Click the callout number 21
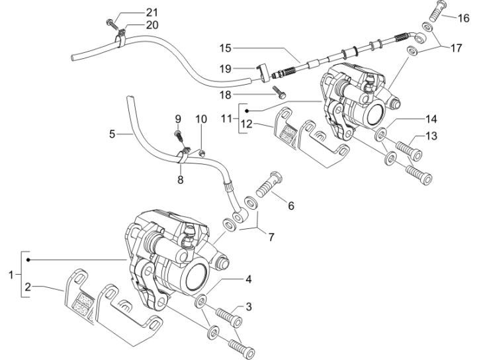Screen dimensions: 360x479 coord(153,13)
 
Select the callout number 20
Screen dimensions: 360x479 coord(153,25)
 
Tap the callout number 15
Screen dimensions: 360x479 coord(226,48)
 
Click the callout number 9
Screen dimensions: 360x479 coord(178,118)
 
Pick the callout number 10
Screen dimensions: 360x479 coord(201,118)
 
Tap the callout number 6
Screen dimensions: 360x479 coord(290,206)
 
